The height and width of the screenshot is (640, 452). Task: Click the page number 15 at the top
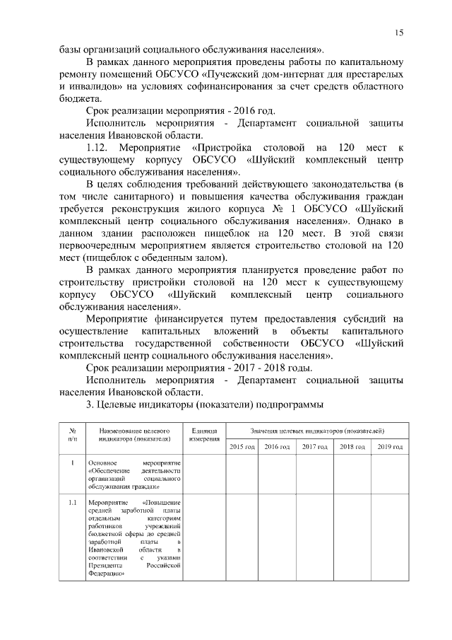tap(399, 33)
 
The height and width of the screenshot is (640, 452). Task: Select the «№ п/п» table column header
tap(72, 435)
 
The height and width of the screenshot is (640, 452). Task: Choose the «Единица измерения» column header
tap(204, 435)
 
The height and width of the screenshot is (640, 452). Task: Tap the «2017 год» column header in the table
tap(315, 447)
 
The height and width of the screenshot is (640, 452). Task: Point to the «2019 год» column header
tap(388, 447)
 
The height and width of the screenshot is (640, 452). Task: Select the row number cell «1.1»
tap(72, 503)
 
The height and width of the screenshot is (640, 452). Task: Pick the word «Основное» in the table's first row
tap(104, 462)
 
